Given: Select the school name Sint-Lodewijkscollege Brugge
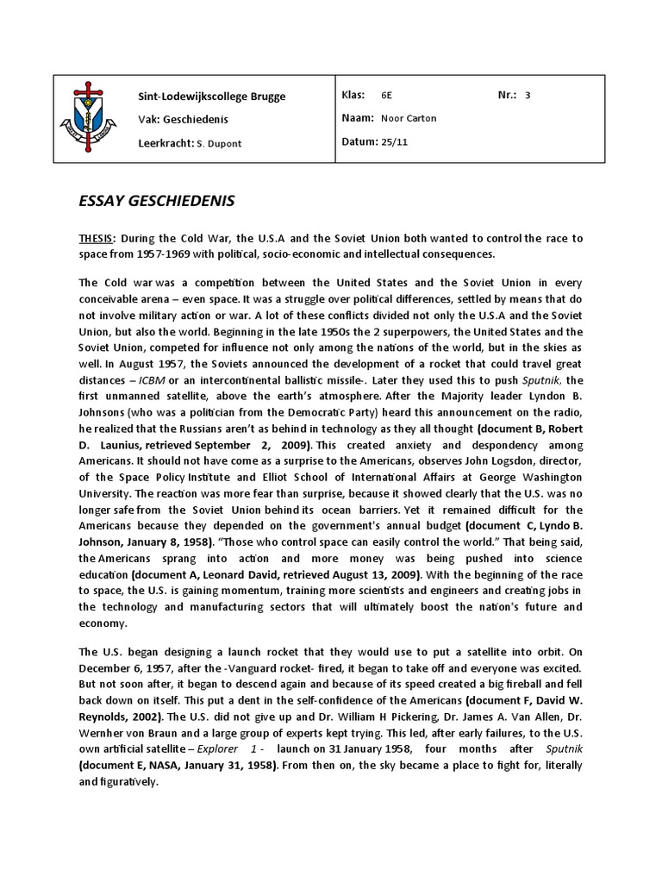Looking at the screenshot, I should [x=211, y=96].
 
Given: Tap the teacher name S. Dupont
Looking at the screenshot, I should [x=217, y=143].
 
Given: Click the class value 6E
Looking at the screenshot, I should [x=386, y=95].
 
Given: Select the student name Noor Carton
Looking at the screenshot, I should [x=409, y=118].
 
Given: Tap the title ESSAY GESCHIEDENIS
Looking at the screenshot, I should [x=156, y=201].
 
